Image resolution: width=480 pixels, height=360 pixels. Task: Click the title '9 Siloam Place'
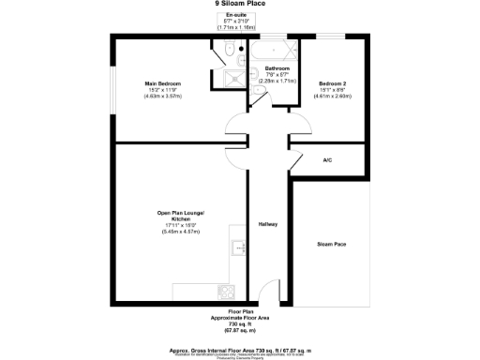240,4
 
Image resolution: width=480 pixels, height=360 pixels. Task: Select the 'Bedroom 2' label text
333,83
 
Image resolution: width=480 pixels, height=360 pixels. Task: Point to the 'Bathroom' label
277,69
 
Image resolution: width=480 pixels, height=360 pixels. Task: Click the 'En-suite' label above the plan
236,16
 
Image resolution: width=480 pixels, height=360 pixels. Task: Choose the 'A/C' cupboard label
327,160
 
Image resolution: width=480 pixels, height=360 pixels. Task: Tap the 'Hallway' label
268,224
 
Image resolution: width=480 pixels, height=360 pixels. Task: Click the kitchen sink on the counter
238,248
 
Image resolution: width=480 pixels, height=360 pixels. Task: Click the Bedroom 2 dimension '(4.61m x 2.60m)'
333,95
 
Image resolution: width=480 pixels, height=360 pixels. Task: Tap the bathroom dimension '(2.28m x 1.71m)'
277,81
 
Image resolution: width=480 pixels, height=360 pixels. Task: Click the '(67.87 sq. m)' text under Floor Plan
240,331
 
